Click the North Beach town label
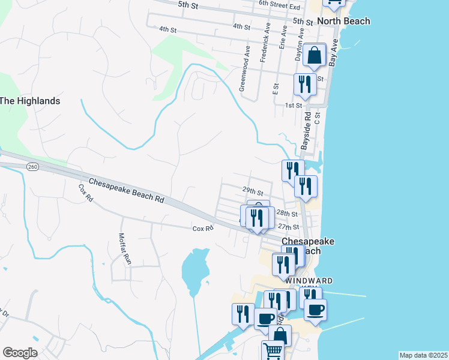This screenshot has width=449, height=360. pos(343,21)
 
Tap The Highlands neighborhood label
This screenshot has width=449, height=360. pos(30,101)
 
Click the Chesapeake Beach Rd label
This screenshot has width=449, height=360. pos(126,190)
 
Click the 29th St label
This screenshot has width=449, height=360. pos(253,192)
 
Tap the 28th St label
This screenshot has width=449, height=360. pos(287,214)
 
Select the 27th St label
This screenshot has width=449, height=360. pos(288,227)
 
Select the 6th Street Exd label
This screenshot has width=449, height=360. pos(279,6)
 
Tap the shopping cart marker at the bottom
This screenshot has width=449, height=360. pos(273,350)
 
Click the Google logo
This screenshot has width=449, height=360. pos(20,353)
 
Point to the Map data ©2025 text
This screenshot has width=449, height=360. pos(423,355)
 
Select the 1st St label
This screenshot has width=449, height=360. pos(293,106)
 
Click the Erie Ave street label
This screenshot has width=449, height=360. pos(283,37)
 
